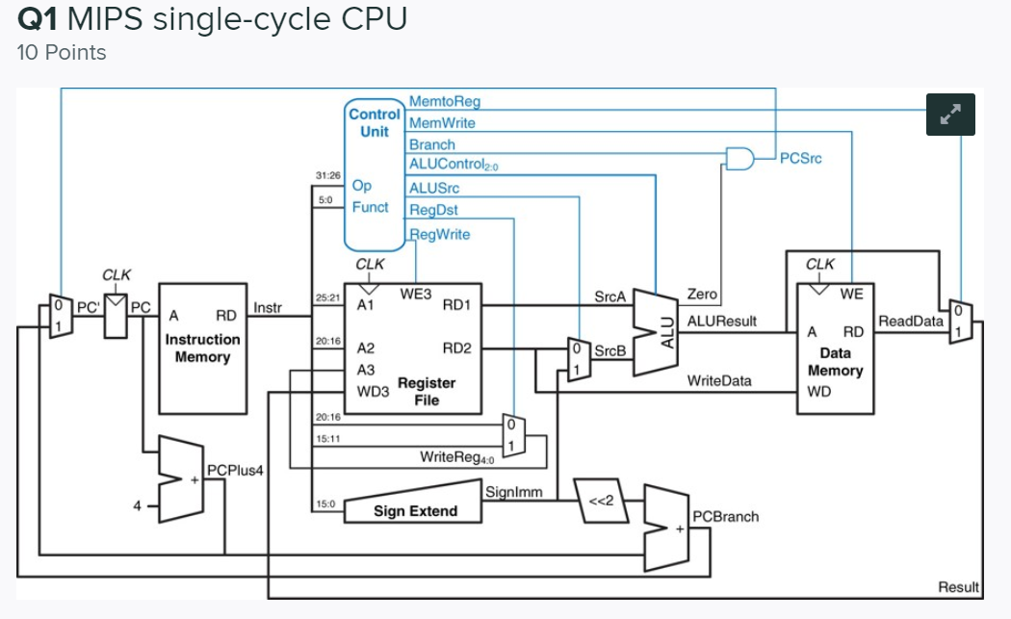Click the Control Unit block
coord(374,173)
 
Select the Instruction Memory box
coord(202,348)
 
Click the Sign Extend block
coord(415,510)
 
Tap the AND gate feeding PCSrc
coord(739,158)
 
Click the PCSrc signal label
coord(800,158)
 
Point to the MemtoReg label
coord(444,101)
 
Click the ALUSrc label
coord(434,188)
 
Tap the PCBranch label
coord(725,517)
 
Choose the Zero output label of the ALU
coord(701,294)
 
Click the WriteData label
coord(718,381)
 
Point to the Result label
coord(958,587)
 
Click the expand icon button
coord(950,114)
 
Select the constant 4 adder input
coord(139,503)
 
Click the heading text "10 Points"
coord(62,52)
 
